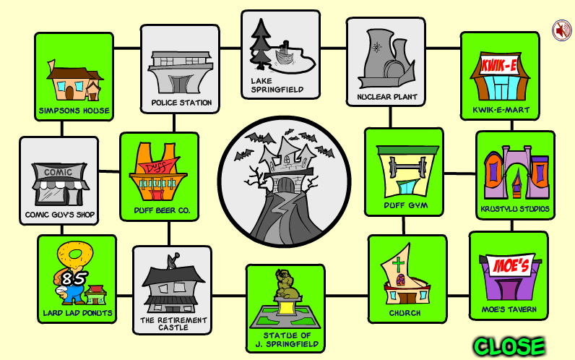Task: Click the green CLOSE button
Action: tap(509, 346)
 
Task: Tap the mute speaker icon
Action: tap(562, 30)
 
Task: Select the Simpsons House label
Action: tap(74, 111)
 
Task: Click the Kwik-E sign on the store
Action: tap(499, 66)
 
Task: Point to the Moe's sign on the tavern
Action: tap(511, 265)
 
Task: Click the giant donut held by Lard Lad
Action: tap(76, 255)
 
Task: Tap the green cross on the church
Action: tap(398, 265)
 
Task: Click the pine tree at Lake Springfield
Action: tap(260, 44)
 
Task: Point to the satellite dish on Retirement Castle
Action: tap(173, 260)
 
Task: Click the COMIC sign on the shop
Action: tap(58, 172)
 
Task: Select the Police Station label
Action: tap(181, 103)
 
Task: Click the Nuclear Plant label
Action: tap(387, 97)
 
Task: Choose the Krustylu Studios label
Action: tap(515, 209)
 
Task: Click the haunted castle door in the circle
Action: tap(285, 184)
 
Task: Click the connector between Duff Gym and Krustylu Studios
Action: tap(459, 173)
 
